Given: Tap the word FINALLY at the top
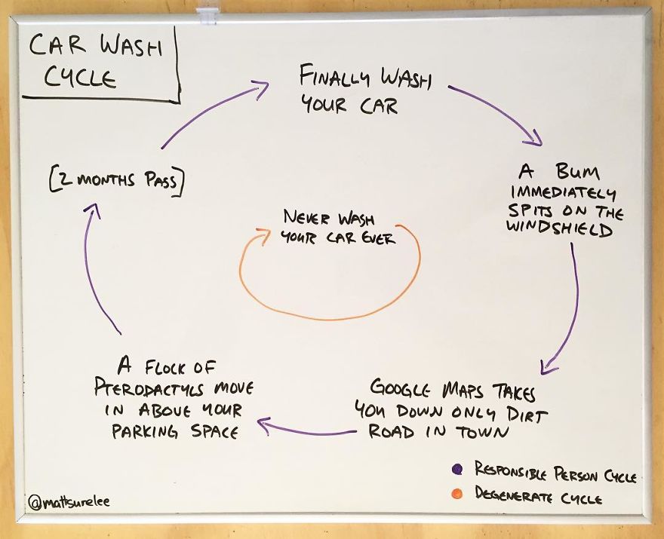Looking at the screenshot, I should click(329, 77).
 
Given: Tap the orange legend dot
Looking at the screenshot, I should click(457, 495).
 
